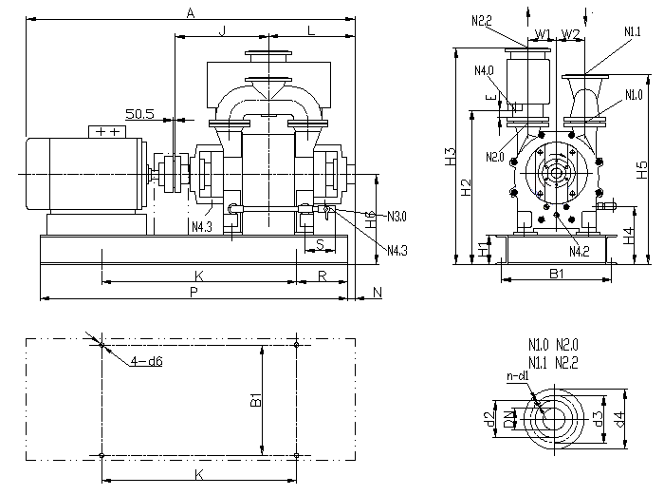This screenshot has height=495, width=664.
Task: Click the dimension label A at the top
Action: pos(190,12)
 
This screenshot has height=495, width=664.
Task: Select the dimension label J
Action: pos(222,30)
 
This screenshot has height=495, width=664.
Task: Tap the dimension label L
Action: pos(310,30)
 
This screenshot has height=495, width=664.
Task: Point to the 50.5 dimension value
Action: pos(139,113)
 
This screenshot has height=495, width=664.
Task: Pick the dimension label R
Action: pos(323,276)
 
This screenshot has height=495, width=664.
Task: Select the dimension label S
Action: pos(321,244)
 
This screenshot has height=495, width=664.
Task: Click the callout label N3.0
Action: pos(397,217)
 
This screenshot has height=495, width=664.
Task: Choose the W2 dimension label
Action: pos(570,34)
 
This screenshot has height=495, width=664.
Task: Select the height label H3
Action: pos(451,157)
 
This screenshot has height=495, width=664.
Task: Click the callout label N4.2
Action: pos(580,251)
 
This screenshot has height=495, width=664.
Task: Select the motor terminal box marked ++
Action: pos(107,131)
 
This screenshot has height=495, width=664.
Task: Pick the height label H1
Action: pos(482,251)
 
